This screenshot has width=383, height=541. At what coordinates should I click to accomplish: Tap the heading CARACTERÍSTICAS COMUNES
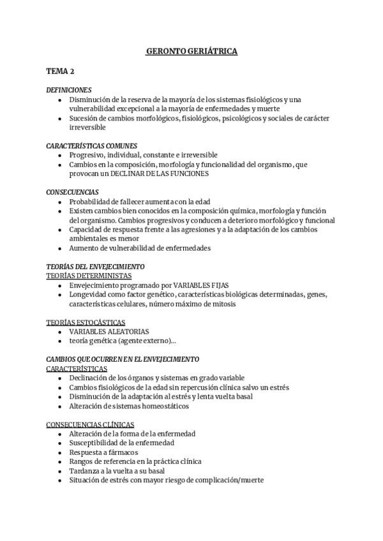(92, 145)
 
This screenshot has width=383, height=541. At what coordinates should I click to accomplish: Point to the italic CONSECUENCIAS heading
(72, 192)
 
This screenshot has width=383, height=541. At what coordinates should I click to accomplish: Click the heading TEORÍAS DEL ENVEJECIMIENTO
(96, 266)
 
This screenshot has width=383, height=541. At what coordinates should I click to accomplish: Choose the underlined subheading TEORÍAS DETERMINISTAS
(89, 275)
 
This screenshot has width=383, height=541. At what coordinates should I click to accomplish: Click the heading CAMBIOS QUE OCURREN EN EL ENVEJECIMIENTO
(123, 359)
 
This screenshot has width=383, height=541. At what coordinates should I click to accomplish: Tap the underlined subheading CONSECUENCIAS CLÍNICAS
(91, 424)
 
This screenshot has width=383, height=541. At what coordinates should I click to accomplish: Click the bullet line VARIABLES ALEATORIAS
(109, 332)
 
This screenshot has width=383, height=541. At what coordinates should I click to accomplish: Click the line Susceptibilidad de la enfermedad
(121, 443)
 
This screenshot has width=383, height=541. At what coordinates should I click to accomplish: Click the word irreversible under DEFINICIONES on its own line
(87, 128)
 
